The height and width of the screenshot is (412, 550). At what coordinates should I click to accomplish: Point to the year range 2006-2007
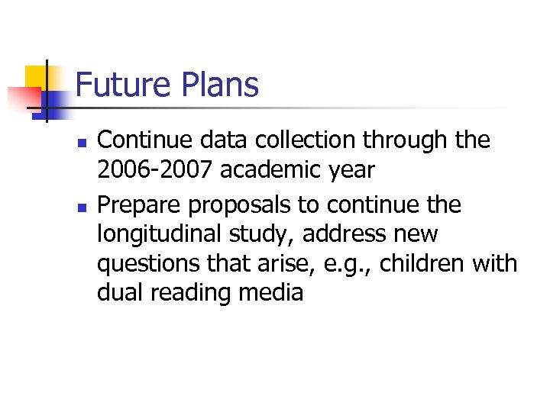coord(155,170)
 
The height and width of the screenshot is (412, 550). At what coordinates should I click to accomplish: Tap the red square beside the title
coord(21,98)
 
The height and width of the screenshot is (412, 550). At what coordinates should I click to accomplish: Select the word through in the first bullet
coord(404,140)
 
